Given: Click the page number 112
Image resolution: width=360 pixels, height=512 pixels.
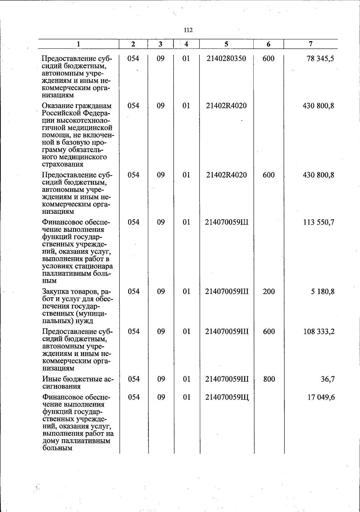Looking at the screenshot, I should pos(188,30).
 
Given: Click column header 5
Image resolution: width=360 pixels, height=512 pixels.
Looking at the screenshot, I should pos(226,44).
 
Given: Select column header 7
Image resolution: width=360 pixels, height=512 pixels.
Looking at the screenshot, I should pos(310,44).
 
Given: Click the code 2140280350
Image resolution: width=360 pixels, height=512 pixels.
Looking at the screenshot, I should pos(226,59).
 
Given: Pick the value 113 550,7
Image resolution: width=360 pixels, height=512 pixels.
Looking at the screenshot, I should pos(319,223).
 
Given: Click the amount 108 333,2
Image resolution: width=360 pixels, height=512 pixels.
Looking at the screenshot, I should pos(319,332).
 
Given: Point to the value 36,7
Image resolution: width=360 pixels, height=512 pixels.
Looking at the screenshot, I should pos(328,379).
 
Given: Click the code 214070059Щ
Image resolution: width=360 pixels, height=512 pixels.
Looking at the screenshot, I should pos(227,398).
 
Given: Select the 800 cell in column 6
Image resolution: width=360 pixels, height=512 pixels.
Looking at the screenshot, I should pos(269,379).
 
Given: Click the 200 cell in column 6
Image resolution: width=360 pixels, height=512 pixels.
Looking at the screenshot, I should pos(269,292).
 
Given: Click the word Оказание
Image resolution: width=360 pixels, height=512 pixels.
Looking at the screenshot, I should pos(55,106).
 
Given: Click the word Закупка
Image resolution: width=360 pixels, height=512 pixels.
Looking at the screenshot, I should pos(55,292).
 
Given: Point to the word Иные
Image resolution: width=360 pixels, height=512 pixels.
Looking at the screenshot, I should pos(50,379).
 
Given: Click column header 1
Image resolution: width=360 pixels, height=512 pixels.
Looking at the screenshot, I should pos(78,44).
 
